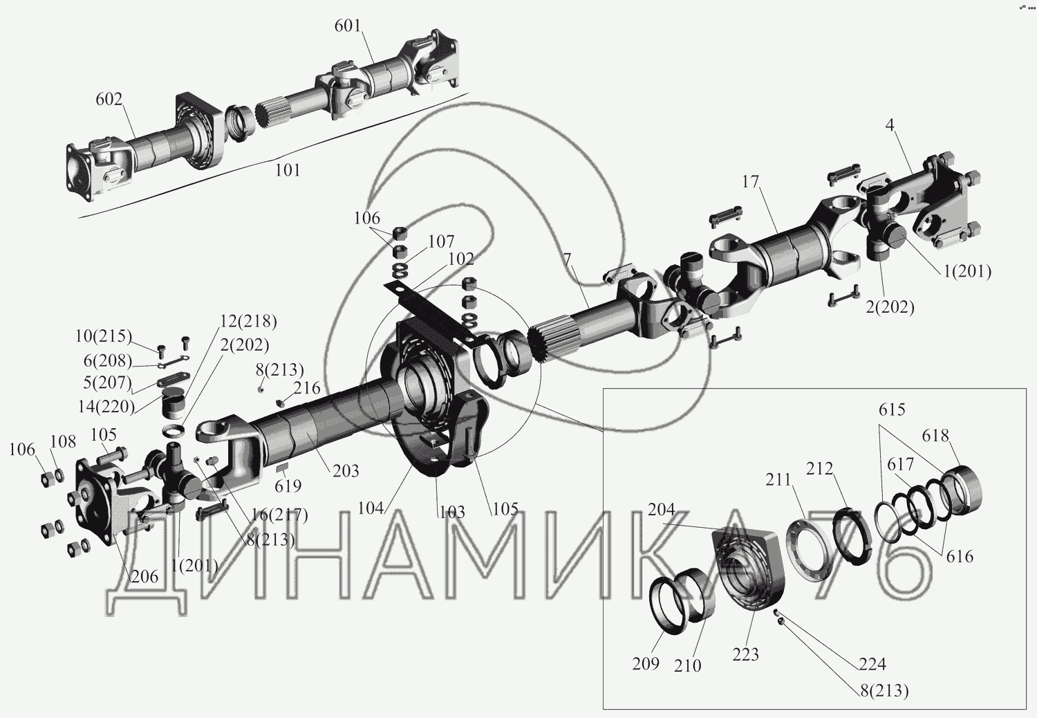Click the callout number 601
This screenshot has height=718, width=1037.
tap(348, 26)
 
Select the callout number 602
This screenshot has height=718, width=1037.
tap(109, 99)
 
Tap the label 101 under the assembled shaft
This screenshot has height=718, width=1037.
tap(288, 170)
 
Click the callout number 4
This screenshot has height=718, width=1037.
tap(890, 125)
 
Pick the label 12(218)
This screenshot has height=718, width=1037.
tap(248, 321)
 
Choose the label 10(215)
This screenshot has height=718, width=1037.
tap(103, 336)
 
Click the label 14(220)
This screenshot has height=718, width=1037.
tap(106, 407)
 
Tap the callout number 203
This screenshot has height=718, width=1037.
tap(346, 471)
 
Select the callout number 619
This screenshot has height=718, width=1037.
tap(288, 486)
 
